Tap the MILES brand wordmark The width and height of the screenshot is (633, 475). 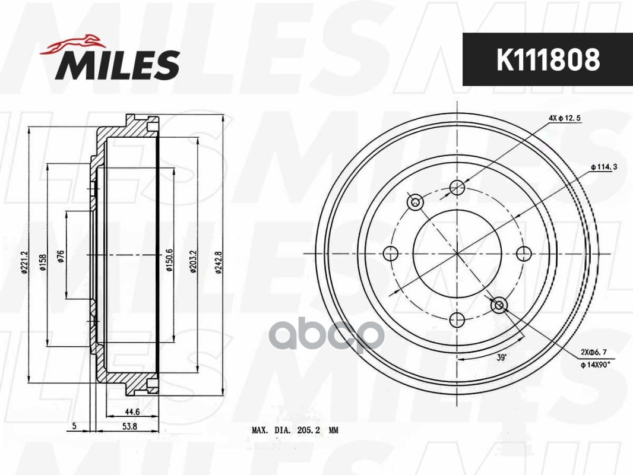pos(118,65)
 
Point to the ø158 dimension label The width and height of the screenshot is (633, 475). pos(43,261)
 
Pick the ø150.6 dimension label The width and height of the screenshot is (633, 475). pos(169,260)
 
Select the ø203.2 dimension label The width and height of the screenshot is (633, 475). pos(193,259)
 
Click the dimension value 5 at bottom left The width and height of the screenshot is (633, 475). pos(74,426)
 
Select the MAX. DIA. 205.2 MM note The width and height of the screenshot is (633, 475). pos(294,430)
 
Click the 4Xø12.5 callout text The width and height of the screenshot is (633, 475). pos(564,118)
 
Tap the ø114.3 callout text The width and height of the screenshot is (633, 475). pos(604,167)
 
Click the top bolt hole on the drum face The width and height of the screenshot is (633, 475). pos(457,188)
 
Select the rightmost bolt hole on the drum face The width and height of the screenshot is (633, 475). pos(523,254)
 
